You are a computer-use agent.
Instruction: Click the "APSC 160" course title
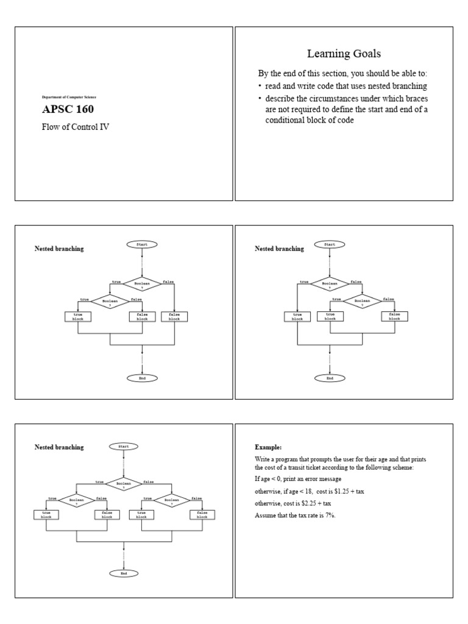pos(68,110)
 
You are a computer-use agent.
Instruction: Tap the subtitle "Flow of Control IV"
pos(76,127)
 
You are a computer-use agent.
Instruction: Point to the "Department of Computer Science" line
pos(68,97)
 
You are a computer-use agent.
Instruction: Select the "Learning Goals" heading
pos(344,54)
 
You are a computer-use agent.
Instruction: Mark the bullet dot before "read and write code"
pos(260,87)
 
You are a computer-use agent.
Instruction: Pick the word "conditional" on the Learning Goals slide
pos(285,120)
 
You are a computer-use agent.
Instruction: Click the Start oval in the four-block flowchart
pos(124,447)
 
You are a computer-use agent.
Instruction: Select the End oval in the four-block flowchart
pos(124,573)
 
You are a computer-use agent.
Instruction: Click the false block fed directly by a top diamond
pos(174,316)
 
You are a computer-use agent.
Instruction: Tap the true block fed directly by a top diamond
pos(297,316)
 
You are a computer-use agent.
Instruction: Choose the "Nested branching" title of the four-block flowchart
pos(59,447)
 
